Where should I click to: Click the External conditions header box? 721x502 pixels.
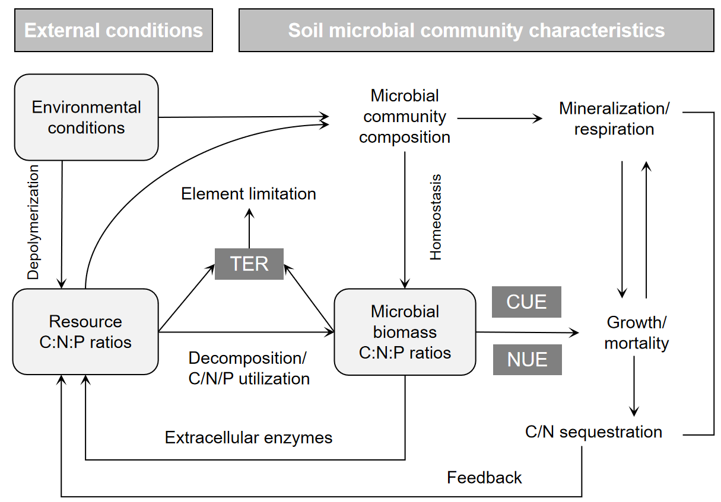(x=113, y=30)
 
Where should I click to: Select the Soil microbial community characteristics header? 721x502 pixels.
(x=476, y=30)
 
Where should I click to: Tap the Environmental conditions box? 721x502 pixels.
(x=86, y=117)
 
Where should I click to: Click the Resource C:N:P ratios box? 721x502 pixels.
(x=85, y=332)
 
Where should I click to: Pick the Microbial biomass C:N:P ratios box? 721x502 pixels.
(x=405, y=332)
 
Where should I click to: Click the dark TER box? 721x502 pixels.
(x=249, y=264)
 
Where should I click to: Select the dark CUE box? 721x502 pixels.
(x=526, y=302)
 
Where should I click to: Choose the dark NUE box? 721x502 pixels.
(x=527, y=360)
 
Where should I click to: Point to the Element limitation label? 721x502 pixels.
(x=249, y=194)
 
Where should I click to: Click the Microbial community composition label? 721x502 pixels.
(x=405, y=117)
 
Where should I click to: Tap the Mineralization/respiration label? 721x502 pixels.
(x=614, y=119)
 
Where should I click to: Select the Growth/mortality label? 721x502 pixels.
(x=637, y=332)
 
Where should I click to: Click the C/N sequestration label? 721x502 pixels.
(x=593, y=432)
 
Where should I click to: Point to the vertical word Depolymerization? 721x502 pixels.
(x=34, y=222)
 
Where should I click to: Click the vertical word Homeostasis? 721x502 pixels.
(x=436, y=217)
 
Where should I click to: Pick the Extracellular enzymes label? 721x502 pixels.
(x=249, y=438)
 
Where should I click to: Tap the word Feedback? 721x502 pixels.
(x=484, y=478)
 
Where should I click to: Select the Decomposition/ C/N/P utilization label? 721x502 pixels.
(x=249, y=368)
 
